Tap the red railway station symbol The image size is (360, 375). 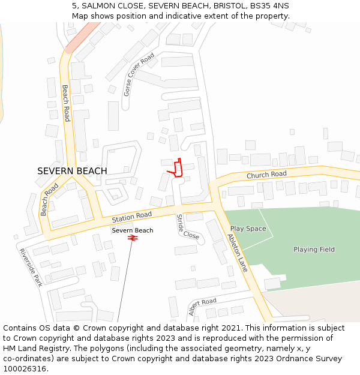tap(133, 238)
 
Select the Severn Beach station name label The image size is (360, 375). tap(133, 230)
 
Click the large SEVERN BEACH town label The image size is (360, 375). tap(72, 171)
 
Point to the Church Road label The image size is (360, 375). tap(266, 175)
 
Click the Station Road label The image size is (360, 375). tap(132, 216)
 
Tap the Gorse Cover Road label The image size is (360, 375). tap(139, 74)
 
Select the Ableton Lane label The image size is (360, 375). tap(238, 253)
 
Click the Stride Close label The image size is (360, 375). tap(187, 227)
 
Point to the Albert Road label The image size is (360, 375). tap(202, 306)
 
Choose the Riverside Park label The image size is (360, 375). tap(30, 267)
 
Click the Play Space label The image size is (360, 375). tap(248, 229)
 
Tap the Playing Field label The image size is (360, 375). tap(314, 249)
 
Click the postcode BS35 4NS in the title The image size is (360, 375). tap(271, 5)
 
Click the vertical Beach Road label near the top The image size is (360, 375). tap(66, 103)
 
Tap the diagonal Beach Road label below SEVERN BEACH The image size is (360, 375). tap(49, 199)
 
